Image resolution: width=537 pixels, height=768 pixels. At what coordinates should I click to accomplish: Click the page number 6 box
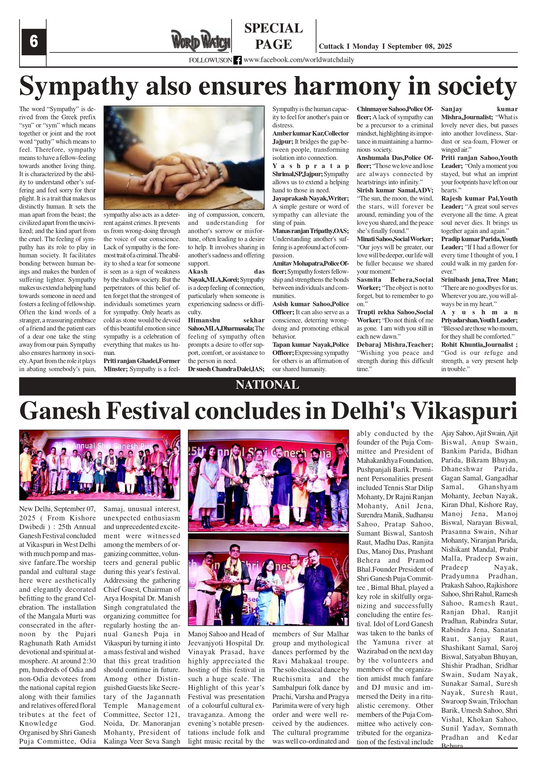click(x=33, y=42)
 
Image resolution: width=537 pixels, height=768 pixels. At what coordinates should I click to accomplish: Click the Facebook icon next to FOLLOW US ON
click(x=238, y=60)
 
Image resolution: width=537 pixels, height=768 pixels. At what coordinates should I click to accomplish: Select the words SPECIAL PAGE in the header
click(x=273, y=36)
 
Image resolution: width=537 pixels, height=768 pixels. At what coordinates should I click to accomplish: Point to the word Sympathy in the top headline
click(x=79, y=86)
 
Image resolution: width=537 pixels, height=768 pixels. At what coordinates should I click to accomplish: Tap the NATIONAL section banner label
click(x=267, y=385)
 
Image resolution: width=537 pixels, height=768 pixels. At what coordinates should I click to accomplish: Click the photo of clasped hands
click(x=184, y=158)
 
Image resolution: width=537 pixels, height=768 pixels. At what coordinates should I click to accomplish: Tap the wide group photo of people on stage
click(x=100, y=465)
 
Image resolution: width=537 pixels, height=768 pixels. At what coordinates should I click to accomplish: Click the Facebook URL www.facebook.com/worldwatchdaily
click(x=299, y=60)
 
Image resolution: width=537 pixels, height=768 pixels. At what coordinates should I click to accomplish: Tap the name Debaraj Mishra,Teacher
click(x=394, y=345)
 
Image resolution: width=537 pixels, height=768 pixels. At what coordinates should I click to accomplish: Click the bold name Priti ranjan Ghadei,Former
click(x=142, y=361)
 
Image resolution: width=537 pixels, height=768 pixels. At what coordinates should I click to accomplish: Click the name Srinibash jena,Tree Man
click(x=479, y=280)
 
